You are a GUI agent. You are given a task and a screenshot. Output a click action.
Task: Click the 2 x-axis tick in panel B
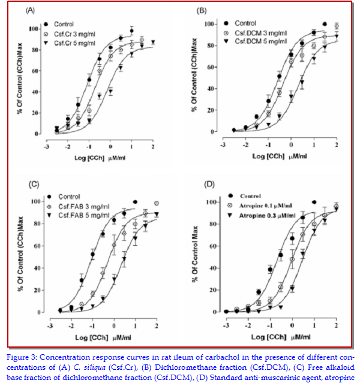click(x=337, y=144)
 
